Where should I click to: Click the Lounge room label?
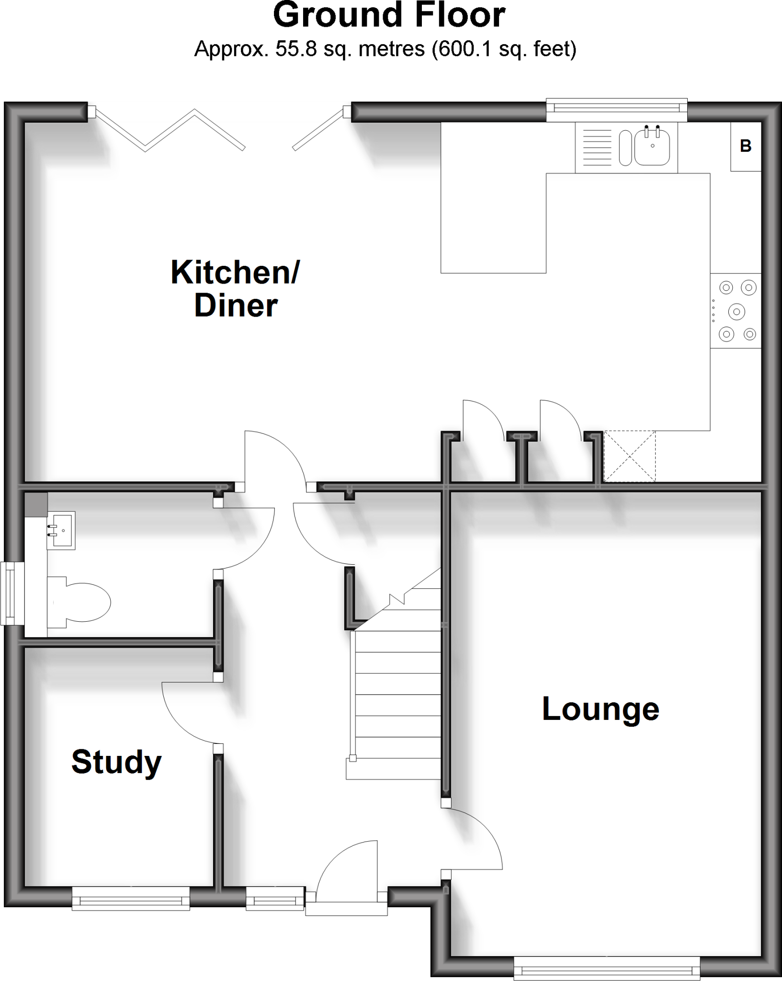click(x=601, y=709)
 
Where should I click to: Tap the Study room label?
click(x=116, y=762)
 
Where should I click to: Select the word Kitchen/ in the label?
click(x=235, y=272)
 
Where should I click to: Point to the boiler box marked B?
click(x=745, y=146)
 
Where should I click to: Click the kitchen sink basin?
click(x=652, y=148)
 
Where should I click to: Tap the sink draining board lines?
click(x=597, y=148)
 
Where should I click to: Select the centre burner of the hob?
click(x=736, y=312)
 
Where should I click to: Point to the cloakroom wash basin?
click(x=61, y=531)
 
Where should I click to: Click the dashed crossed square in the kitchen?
click(x=629, y=456)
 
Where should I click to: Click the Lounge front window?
click(x=607, y=969)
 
